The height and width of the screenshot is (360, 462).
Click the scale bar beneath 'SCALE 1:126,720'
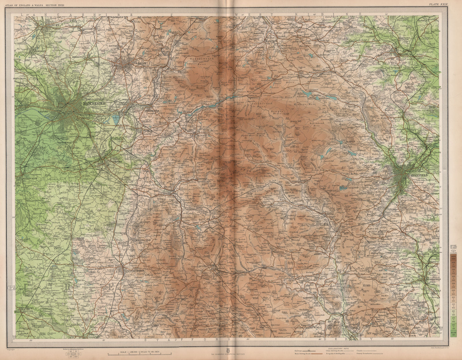139,353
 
